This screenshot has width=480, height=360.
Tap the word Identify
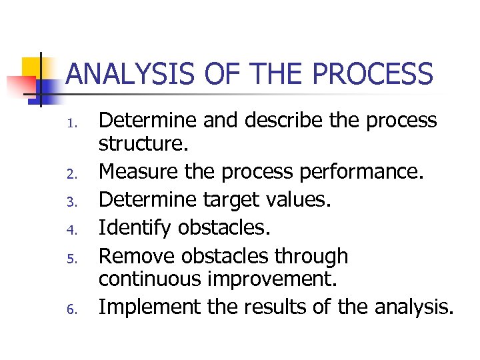coord(135,227)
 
